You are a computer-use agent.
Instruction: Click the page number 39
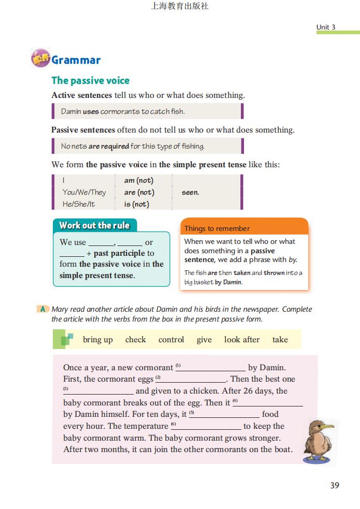click(335, 485)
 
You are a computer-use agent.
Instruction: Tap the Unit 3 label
click(326, 27)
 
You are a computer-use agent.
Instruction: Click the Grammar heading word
click(76, 60)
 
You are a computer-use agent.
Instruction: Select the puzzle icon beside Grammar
click(40, 59)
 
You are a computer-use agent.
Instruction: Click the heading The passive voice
click(90, 80)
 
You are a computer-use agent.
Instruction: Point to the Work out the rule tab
click(94, 225)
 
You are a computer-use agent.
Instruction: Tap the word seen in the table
click(190, 192)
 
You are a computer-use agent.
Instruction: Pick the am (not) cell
click(138, 181)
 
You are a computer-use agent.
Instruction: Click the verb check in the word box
click(136, 340)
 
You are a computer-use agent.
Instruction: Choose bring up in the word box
click(97, 340)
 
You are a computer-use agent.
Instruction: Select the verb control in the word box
click(171, 340)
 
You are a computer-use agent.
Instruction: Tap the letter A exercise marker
click(43, 309)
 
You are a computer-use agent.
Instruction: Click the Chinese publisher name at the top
click(180, 7)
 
